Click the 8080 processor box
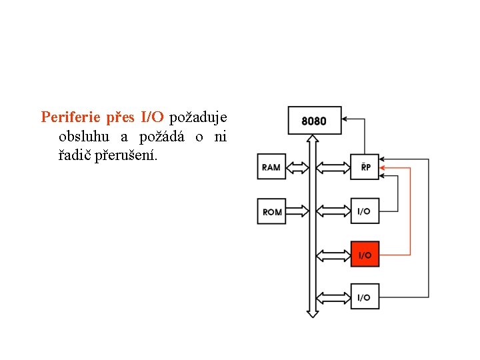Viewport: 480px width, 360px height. tap(314, 121)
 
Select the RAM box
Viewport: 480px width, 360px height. tap(271, 167)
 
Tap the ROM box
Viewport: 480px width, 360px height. tap(271, 212)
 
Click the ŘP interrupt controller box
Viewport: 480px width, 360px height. tap(365, 167)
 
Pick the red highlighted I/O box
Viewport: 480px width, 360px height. tap(365, 255)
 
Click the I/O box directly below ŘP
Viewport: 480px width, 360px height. tap(365, 211)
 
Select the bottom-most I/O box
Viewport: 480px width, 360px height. tap(365, 297)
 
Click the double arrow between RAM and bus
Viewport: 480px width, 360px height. tap(297, 167)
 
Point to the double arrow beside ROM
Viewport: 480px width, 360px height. tap(297, 212)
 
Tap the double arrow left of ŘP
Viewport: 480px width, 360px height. tap(333, 167)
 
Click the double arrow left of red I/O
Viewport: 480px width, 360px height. tap(333, 255)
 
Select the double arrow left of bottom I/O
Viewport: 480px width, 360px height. tap(333, 297)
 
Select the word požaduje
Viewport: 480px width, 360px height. tap(198, 118)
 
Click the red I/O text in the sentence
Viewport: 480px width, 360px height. tap(152, 118)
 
